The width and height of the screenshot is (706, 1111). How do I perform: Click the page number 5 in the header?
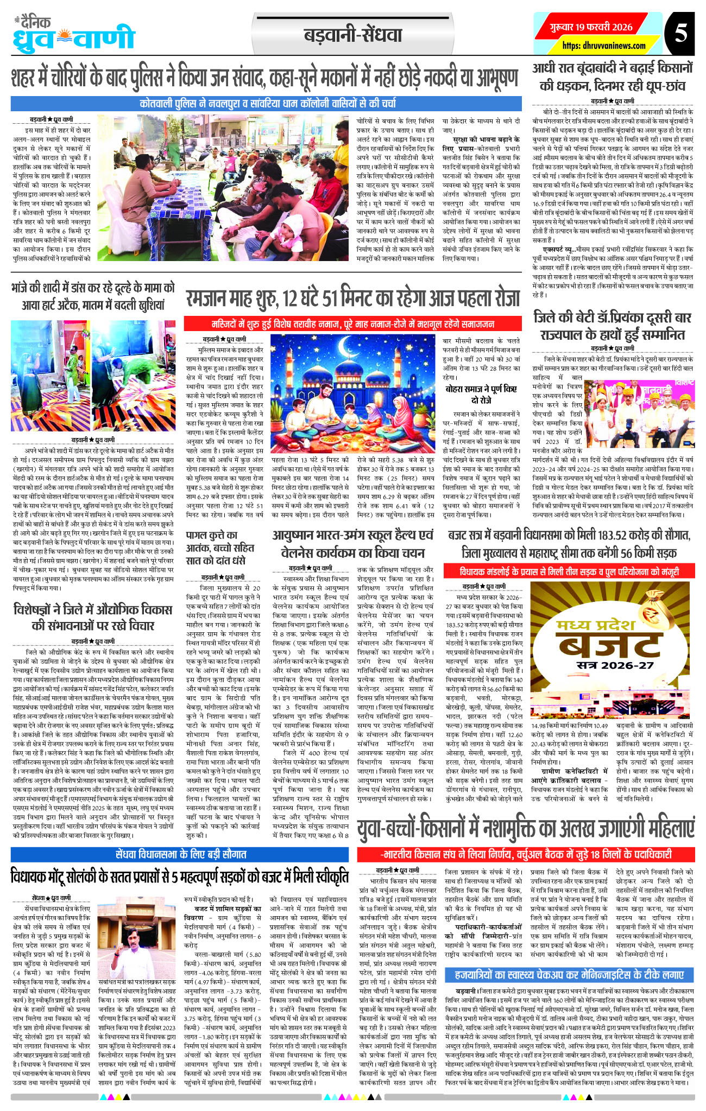pyautogui.click(x=680, y=33)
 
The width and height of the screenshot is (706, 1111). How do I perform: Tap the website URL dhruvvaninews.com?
pyautogui.click(x=604, y=46)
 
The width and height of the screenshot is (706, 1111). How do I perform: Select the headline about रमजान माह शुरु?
pyautogui.click(x=353, y=299)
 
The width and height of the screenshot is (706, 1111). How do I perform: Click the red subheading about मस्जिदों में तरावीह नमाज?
pyautogui.click(x=353, y=324)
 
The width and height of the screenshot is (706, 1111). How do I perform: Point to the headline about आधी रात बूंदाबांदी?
pyautogui.click(x=612, y=77)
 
